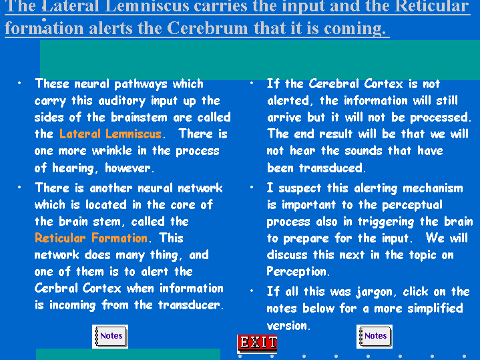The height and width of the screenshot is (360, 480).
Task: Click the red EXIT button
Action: [x=257, y=343]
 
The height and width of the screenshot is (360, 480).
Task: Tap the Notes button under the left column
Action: [x=110, y=337]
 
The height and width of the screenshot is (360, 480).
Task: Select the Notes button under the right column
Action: [x=375, y=337]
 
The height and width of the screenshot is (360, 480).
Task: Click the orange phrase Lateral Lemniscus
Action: [x=110, y=134]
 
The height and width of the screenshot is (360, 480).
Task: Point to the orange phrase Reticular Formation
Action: [x=91, y=238]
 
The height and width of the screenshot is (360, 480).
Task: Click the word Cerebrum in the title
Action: [x=208, y=28]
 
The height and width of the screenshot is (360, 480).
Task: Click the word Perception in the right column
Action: [x=296, y=272]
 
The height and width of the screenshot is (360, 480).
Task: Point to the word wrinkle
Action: [x=111, y=150]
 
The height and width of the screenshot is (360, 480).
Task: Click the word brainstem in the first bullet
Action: [x=139, y=117]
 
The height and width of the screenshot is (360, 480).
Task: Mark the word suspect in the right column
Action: [x=299, y=188]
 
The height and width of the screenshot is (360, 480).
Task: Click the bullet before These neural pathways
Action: [x=19, y=83]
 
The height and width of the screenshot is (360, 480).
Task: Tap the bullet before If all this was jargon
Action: [x=252, y=291]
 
